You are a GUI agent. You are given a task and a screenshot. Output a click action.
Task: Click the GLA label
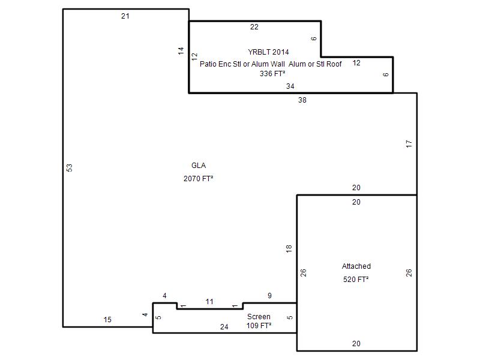(x=199, y=166)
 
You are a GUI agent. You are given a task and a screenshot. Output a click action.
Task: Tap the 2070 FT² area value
(x=199, y=178)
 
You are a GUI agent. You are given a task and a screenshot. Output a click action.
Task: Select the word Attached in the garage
(x=356, y=266)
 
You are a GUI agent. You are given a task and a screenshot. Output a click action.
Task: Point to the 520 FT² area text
(x=356, y=279)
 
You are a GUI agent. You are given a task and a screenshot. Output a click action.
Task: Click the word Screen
(x=259, y=317)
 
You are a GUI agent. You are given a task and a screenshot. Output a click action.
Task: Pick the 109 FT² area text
(x=259, y=325)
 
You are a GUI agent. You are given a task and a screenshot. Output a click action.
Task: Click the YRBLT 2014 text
(x=268, y=52)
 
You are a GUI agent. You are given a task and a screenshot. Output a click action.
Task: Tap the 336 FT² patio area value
(x=272, y=73)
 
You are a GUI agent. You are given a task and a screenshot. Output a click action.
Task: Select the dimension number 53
(x=70, y=168)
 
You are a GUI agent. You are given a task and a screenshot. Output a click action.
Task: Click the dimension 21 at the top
(x=125, y=16)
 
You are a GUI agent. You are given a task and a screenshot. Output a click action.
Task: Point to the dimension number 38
(x=302, y=100)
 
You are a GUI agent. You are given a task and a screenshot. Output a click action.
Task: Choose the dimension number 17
(x=409, y=144)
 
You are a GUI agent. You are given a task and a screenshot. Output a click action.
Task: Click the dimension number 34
(x=290, y=86)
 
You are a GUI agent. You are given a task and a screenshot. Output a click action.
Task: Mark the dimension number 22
(x=254, y=27)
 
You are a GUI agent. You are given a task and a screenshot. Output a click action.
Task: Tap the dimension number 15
(x=107, y=320)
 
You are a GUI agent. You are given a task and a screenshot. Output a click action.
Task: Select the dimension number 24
(x=224, y=327)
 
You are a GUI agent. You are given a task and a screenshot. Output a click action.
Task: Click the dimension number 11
(x=209, y=302)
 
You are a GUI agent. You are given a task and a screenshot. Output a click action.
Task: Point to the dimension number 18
(x=289, y=249)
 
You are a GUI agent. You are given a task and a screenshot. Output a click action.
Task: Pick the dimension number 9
(x=269, y=296)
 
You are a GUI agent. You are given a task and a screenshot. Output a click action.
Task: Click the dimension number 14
(x=181, y=51)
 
